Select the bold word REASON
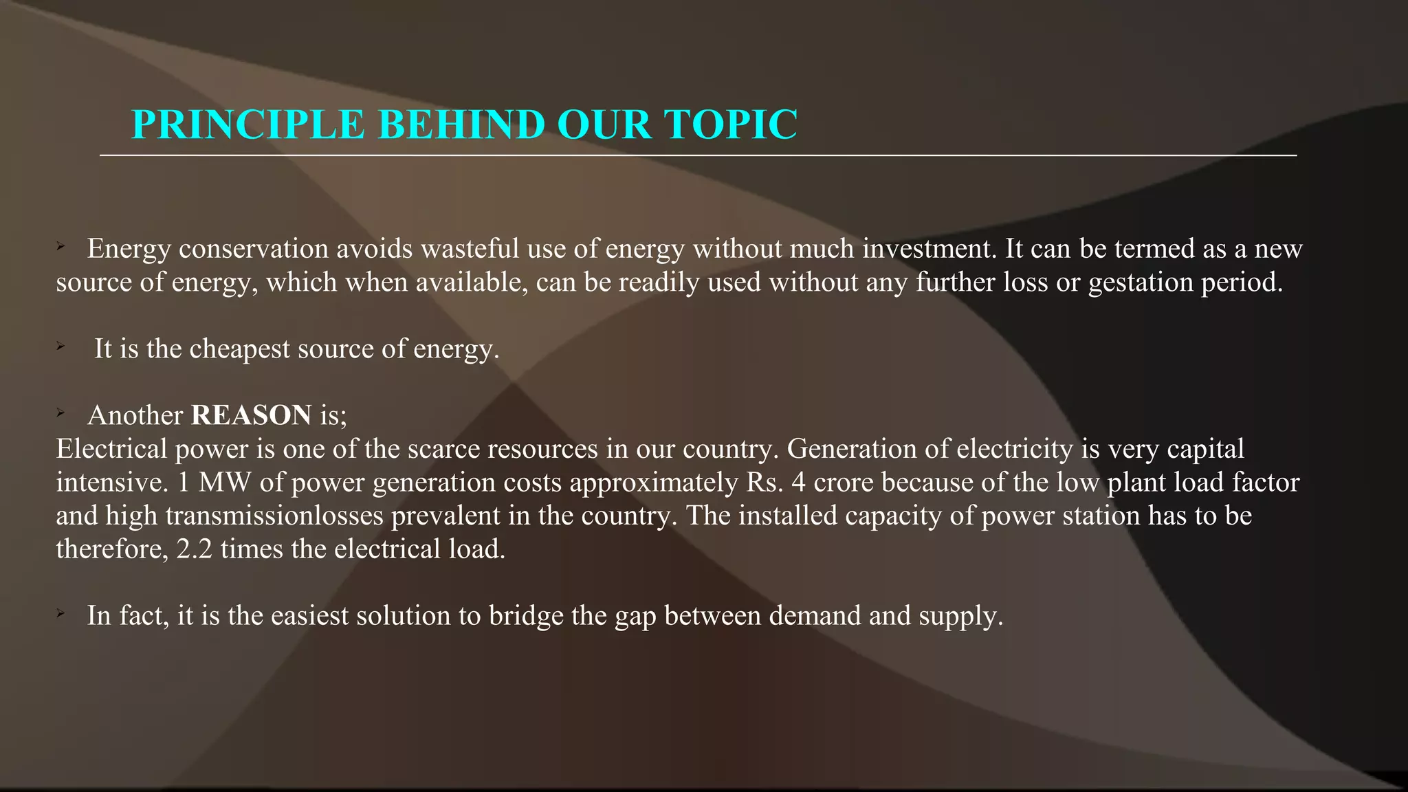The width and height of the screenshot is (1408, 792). pos(251,415)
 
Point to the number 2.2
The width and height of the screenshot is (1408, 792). pos(195,549)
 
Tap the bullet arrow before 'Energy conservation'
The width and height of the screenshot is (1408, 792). pos(60,246)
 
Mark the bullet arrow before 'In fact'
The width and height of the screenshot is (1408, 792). pos(60,613)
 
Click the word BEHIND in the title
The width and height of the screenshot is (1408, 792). pos(462,124)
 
